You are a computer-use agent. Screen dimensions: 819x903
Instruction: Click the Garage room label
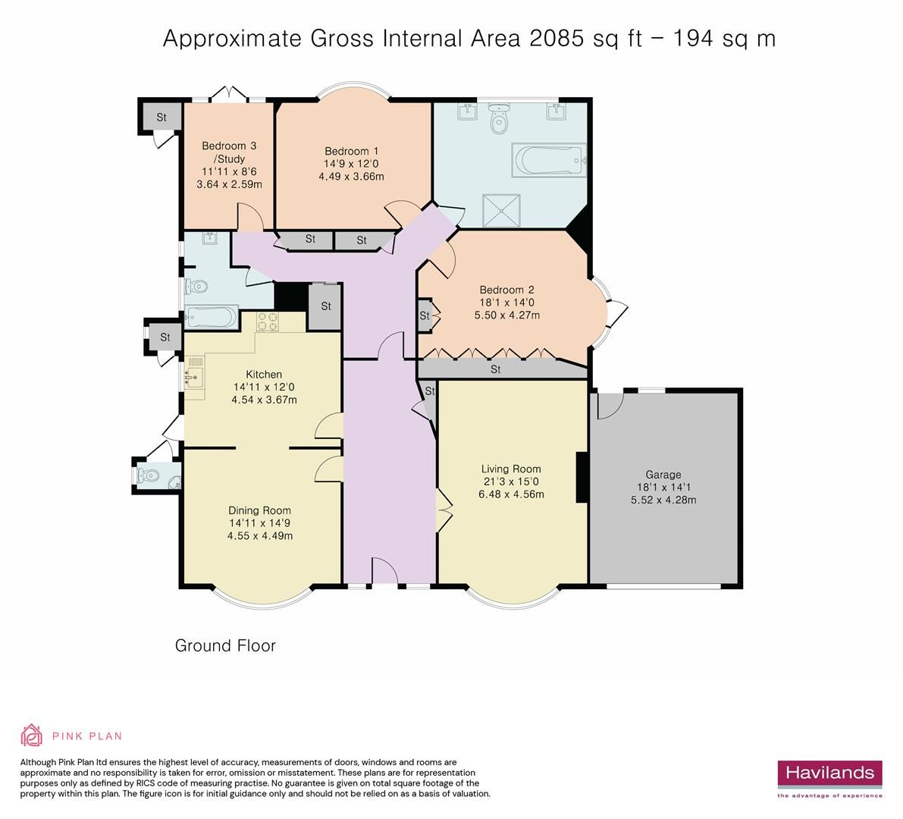[663, 475]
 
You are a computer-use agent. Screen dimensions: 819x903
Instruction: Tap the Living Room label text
[511, 469]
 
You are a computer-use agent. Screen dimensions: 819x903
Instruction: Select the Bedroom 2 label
[506, 290]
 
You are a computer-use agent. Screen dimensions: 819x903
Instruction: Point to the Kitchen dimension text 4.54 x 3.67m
[264, 400]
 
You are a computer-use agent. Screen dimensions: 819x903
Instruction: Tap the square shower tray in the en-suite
[503, 206]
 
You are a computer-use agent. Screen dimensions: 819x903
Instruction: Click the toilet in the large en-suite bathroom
[499, 120]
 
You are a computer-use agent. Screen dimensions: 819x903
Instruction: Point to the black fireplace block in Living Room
[582, 477]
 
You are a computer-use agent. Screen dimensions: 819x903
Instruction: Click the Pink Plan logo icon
[32, 735]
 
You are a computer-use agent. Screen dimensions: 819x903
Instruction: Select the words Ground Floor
[225, 646]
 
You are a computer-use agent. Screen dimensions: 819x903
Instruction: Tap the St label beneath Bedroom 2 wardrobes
[496, 370]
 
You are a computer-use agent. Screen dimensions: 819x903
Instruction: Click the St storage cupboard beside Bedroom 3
[161, 118]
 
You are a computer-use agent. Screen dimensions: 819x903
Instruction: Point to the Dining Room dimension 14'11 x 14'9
[260, 523]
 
